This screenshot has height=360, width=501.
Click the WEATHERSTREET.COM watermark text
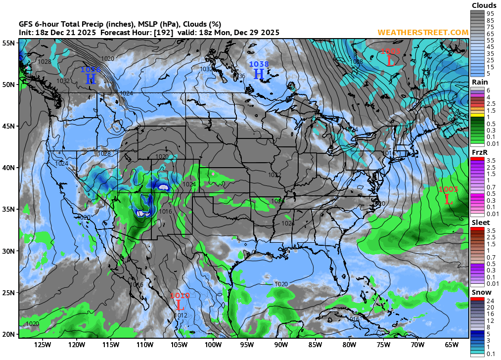coord(423,33)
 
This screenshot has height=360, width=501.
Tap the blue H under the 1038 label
coord(259,74)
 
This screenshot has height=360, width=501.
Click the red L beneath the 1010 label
coord(179,305)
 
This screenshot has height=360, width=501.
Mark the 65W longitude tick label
coord(452,345)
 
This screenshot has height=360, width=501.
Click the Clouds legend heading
coord(484,5)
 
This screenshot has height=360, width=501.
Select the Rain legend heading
coord(480,82)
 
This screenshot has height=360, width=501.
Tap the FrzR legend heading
coord(480,152)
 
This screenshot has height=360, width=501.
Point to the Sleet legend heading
coord(481,223)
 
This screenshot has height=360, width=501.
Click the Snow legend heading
coord(481,292)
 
